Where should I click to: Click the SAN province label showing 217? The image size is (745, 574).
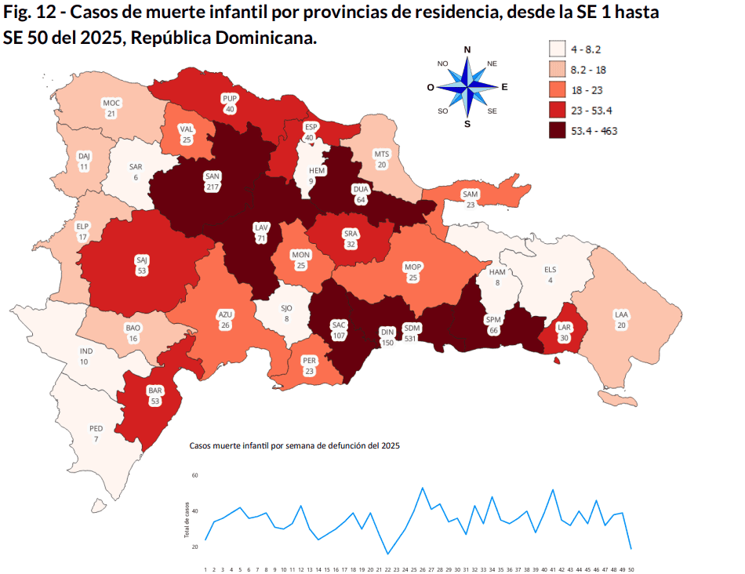pyautogui.click(x=212, y=181)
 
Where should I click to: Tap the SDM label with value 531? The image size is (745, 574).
pyautogui.click(x=410, y=332)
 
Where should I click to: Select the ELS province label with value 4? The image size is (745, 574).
pyautogui.click(x=550, y=274)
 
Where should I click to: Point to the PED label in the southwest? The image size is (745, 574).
pyautogui.click(x=96, y=434)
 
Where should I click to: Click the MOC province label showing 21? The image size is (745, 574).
pyautogui.click(x=112, y=108)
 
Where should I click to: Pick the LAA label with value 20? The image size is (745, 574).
pyautogui.click(x=621, y=320)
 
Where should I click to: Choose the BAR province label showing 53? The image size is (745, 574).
pyautogui.click(x=154, y=395)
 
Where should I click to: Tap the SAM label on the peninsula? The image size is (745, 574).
pyautogui.click(x=470, y=199)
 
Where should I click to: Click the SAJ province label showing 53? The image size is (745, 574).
pyautogui.click(x=141, y=264)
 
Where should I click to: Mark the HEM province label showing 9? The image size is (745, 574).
pyautogui.click(x=317, y=176)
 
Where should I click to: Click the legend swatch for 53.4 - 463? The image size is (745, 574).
pyautogui.click(x=557, y=131)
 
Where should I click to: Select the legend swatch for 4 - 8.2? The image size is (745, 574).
pyautogui.click(x=557, y=49)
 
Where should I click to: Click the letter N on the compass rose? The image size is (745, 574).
pyautogui.click(x=467, y=50)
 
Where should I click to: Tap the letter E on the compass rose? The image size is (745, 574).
pyautogui.click(x=504, y=87)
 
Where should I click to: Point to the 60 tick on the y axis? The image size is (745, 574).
pyautogui.click(x=194, y=476)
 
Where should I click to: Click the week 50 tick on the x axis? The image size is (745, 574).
pyautogui.click(x=631, y=569)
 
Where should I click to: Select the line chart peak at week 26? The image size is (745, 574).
pyautogui.click(x=423, y=488)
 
